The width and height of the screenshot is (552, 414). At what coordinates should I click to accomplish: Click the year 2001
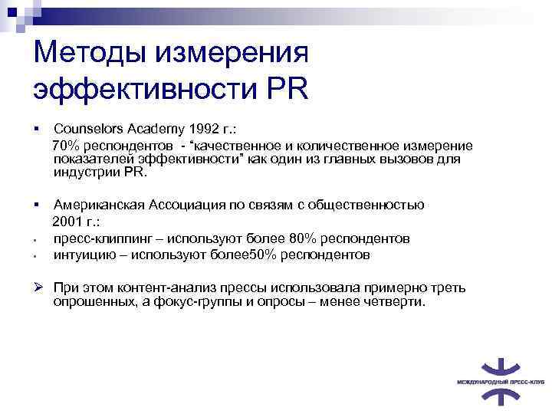[67, 222]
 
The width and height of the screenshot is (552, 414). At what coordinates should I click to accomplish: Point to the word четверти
[396, 303]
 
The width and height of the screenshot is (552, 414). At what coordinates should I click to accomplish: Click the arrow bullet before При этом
[38, 287]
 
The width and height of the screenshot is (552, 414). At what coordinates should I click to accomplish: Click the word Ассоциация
[192, 205]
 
